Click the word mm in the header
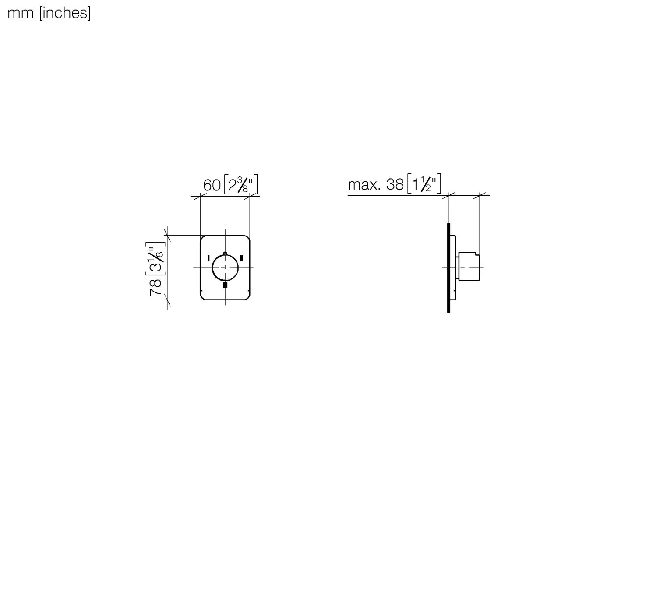tap(20, 14)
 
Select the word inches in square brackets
tap(65, 14)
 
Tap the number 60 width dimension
tap(212, 185)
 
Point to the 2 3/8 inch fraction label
tap(241, 184)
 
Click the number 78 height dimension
tap(156, 287)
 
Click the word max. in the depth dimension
tap(364, 185)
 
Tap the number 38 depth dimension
tap(395, 185)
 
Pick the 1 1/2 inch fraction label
tap(424, 184)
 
